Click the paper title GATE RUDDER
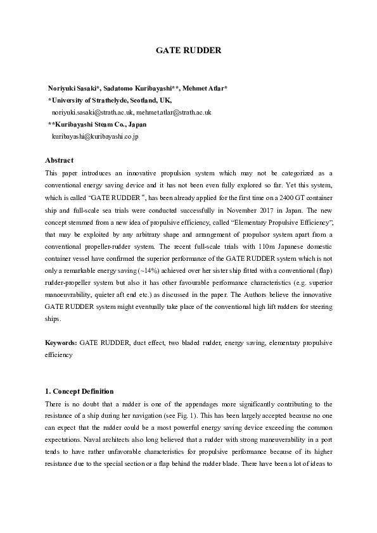(188, 50)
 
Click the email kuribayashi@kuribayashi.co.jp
(95, 136)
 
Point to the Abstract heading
(60, 160)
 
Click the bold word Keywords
(61, 342)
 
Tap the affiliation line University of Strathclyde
(112, 100)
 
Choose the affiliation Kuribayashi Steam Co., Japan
(101, 124)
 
